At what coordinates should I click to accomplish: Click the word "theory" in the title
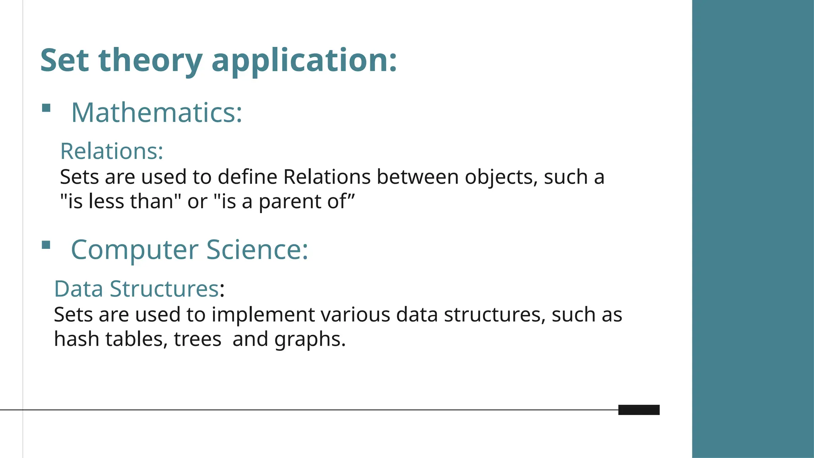(150, 60)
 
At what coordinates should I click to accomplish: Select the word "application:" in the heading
(304, 60)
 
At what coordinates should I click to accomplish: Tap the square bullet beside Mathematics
(46, 108)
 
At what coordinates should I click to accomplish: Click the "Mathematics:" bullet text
(157, 113)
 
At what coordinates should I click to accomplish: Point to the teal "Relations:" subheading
(112, 151)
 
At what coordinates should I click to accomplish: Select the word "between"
(417, 177)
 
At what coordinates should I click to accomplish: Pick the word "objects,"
(501, 178)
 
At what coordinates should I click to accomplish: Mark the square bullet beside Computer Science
(46, 245)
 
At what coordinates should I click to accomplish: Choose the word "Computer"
(134, 250)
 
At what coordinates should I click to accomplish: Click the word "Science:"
(257, 250)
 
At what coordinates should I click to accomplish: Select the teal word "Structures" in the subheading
(164, 289)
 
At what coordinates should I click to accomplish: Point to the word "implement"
(263, 315)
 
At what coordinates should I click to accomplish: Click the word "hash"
(76, 339)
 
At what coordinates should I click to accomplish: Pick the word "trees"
(198, 339)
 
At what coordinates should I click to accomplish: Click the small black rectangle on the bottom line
(639, 410)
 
